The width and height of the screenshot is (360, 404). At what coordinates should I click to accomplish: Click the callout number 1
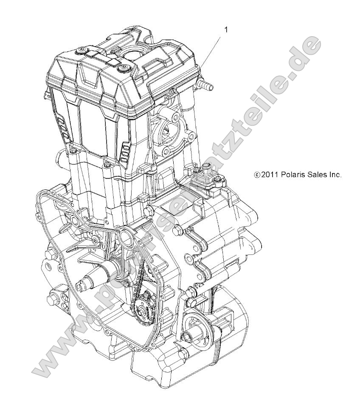coord(226,29)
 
